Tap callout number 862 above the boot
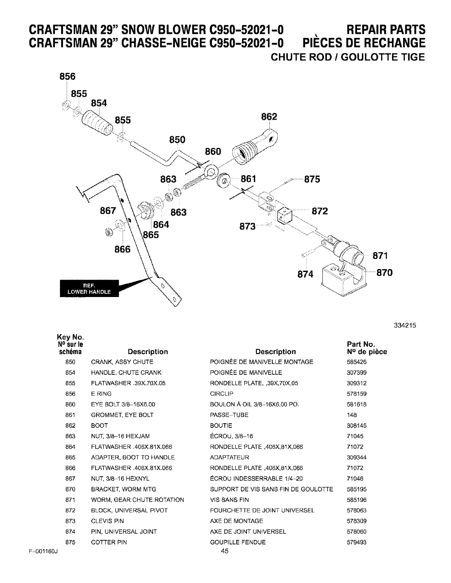point(269,117)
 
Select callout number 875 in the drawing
point(312,179)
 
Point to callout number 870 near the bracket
point(384,272)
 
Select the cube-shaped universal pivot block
point(285,216)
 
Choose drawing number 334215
point(405,325)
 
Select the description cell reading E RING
point(101,393)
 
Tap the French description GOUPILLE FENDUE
point(238,542)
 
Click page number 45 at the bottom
point(225,551)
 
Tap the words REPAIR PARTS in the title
point(386,30)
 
